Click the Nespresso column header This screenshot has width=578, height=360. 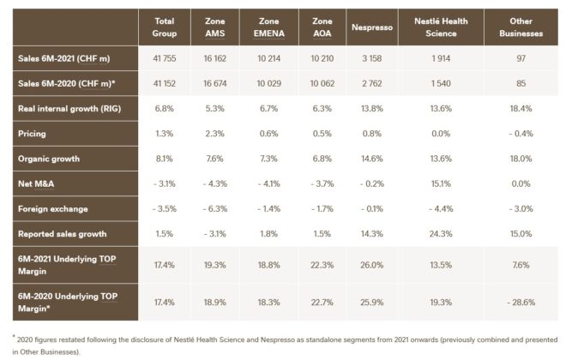pos(372,27)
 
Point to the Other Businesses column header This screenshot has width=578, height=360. pos(521,27)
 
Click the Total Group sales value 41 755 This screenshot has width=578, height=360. pos(165,59)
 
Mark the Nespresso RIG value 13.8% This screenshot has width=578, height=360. pos(372,109)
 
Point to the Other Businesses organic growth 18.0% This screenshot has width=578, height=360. pos(521,159)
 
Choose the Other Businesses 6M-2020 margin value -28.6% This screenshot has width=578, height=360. pos(521,303)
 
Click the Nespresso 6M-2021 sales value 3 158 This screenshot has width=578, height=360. pos(372,59)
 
